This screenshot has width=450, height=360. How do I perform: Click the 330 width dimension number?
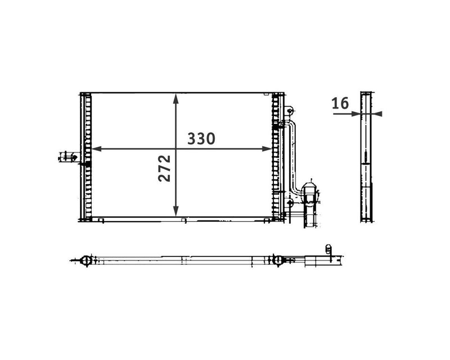[x=201, y=138]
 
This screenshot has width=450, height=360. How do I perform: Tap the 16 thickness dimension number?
[x=340, y=103]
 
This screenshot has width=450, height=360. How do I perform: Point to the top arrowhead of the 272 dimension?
[x=177, y=98]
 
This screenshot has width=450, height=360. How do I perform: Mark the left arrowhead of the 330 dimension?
[x=96, y=149]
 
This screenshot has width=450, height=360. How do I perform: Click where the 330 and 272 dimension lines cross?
[x=177, y=149]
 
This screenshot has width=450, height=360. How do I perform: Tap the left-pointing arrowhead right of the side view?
[x=378, y=114]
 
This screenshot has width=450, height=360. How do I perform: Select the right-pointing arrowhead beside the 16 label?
[x=355, y=114]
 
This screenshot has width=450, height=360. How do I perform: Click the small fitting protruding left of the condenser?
[x=67, y=156]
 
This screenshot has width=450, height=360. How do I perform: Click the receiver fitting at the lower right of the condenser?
[x=309, y=194]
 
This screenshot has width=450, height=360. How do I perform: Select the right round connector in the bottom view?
[x=276, y=260]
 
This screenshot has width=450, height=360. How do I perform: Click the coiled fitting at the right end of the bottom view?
[x=328, y=249]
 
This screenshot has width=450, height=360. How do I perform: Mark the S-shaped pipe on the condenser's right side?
[x=293, y=157]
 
